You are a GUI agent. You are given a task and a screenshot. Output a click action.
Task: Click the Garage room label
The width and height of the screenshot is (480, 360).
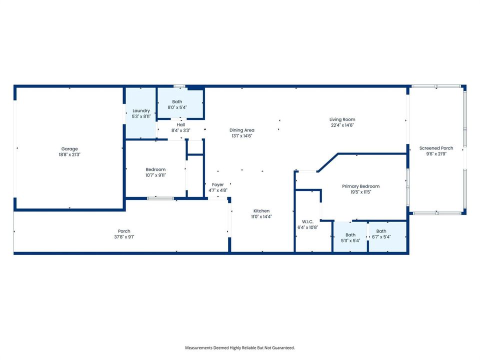pos(69,149)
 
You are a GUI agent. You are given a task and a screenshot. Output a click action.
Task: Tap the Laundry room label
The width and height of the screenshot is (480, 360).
pos(141,111)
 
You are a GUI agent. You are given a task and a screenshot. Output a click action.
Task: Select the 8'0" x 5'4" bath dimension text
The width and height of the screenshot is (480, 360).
pos(177,107)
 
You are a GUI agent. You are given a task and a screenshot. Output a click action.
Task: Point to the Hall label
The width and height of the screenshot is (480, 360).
pos(180,125)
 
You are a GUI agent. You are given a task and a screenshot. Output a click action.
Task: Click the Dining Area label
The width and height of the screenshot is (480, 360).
pos(242,130)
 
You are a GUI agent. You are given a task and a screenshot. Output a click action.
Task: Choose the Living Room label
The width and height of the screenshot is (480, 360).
pos(342,119)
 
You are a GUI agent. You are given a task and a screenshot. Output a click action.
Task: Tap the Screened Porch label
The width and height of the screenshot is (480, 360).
pos(436,148)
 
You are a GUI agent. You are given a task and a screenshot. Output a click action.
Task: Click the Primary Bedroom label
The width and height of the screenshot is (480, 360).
pos(360,186)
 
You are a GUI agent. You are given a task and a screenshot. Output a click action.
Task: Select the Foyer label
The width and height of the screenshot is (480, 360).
pos(217,185)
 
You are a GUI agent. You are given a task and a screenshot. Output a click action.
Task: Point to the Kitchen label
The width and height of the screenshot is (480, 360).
pos(261,211)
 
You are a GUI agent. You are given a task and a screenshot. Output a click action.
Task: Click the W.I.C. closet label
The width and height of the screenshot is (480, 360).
pos(307,221)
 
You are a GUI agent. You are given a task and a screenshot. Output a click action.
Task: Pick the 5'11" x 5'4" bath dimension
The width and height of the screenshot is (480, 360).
pos(350,240)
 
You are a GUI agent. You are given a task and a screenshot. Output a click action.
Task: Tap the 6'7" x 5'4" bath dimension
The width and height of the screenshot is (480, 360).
pos(381,237)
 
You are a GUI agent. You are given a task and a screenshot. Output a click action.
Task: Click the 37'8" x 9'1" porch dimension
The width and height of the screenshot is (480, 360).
pos(124,237)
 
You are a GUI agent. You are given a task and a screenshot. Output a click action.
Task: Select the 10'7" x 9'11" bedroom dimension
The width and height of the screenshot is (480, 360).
pos(155,175)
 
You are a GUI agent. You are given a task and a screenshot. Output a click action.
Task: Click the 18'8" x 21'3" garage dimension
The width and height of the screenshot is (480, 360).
pos(69,154)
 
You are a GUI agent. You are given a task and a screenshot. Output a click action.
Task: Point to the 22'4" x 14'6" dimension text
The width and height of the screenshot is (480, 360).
pos(342,125)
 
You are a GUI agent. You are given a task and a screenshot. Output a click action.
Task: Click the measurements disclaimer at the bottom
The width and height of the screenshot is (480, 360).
pos(239,348)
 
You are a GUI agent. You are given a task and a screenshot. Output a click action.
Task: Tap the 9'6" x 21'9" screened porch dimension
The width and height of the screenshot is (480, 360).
pos(436,154)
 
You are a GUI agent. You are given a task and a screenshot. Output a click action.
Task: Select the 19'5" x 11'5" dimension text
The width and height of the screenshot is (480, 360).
pos(360,192)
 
